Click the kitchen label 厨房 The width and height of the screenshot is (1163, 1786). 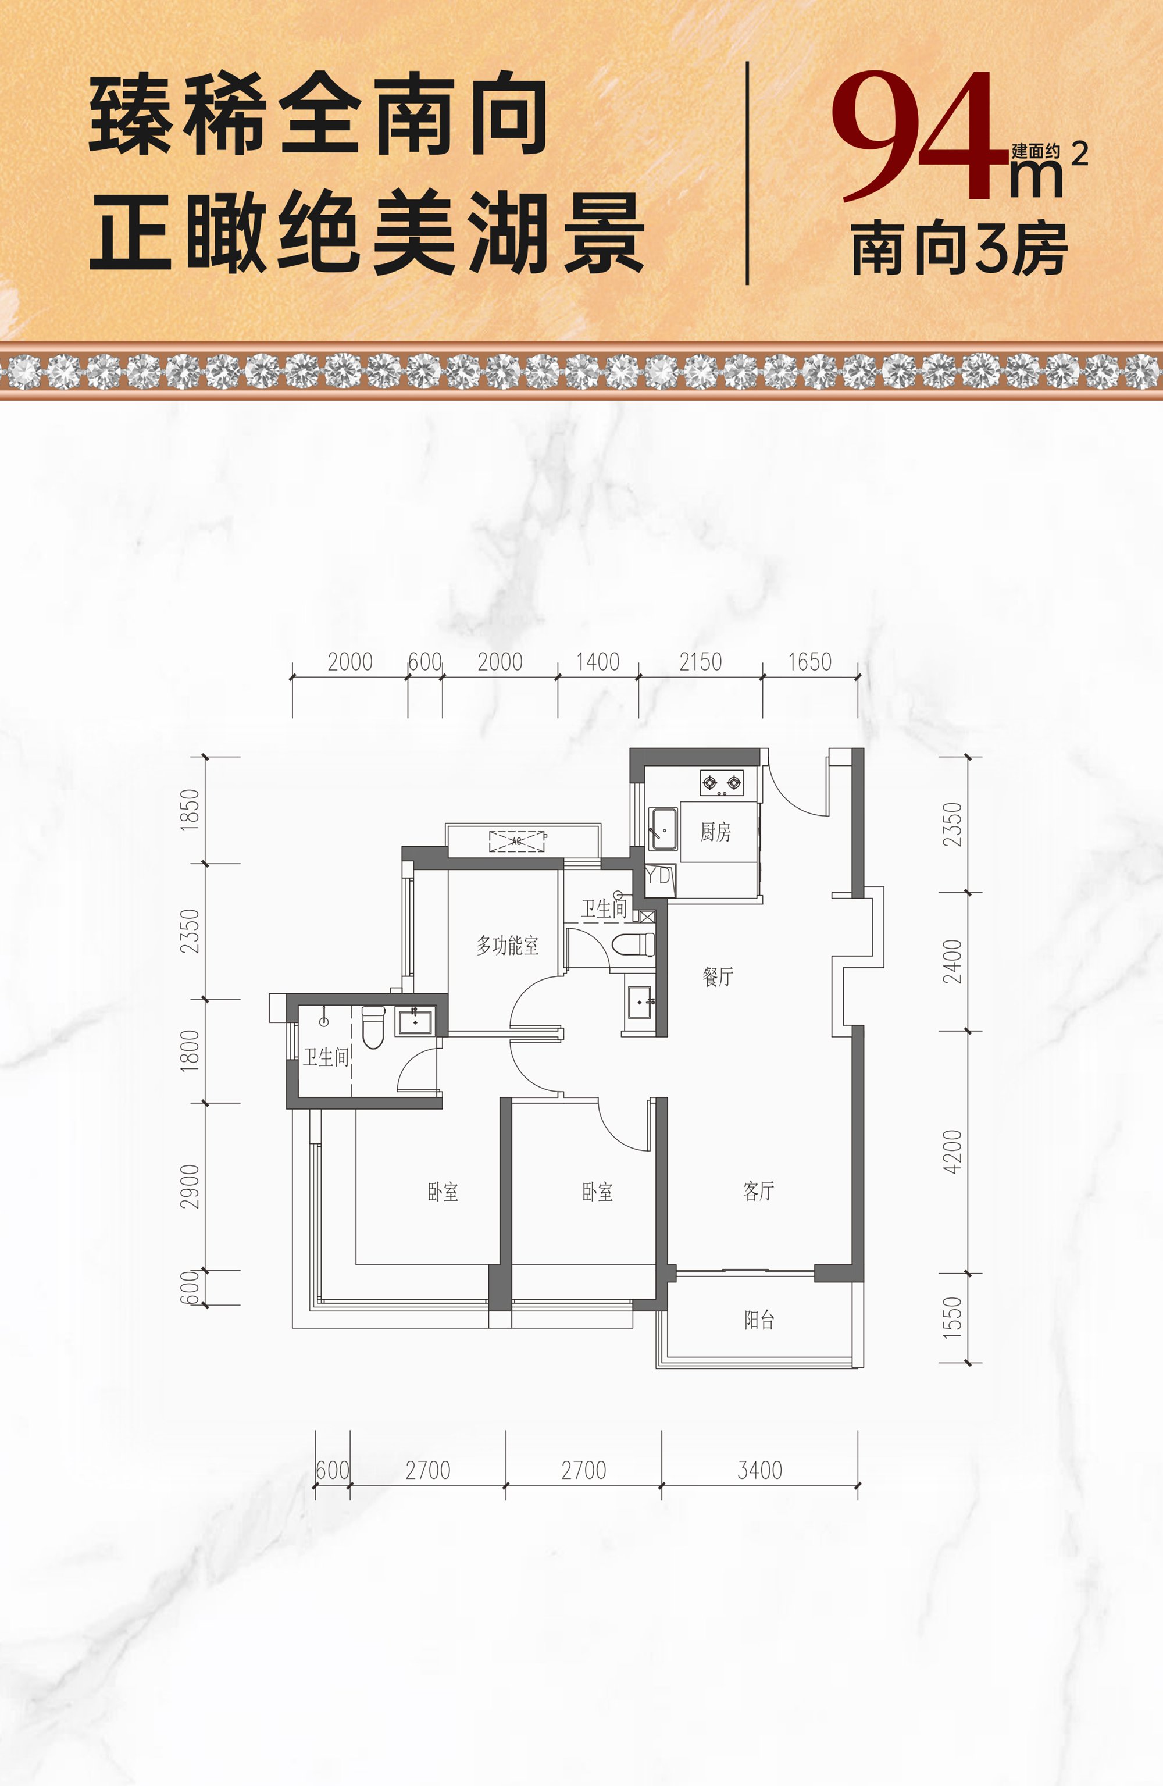click(715, 832)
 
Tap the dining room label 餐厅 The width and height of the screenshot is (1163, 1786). click(718, 976)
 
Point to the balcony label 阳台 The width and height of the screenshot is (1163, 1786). click(759, 1320)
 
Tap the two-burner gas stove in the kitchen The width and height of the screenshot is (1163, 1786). click(722, 783)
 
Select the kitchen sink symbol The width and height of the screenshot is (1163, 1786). click(662, 829)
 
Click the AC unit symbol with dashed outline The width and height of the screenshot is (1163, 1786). click(517, 841)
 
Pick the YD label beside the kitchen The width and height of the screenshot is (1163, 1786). click(659, 875)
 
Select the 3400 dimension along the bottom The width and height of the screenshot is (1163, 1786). click(759, 1470)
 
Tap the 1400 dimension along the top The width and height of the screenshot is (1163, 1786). click(597, 662)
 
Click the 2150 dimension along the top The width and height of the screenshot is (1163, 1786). click(700, 662)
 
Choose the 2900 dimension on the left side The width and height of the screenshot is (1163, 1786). click(191, 1186)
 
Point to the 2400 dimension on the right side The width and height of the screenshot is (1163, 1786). click(952, 961)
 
